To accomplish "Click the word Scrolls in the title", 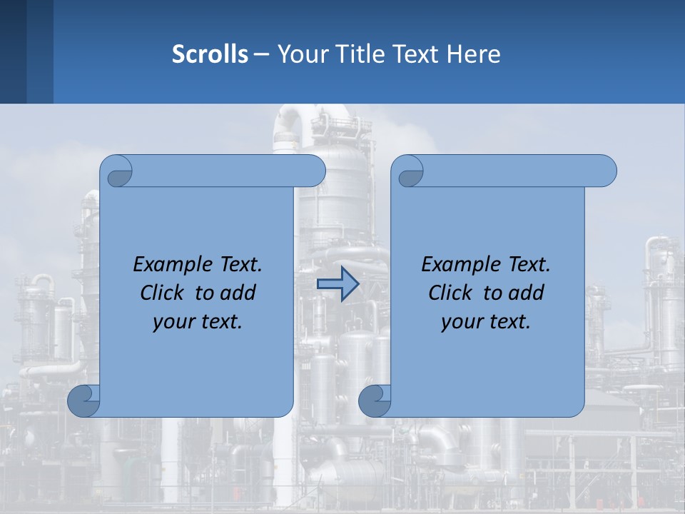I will coord(210,54).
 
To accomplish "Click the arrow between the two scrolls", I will coord(338,284).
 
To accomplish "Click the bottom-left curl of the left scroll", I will coord(84,401).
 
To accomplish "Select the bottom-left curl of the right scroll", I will coord(375,401).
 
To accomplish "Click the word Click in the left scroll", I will coord(162,293).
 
